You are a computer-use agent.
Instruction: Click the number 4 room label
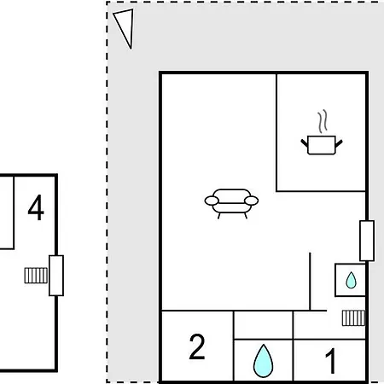pyautogui.click(x=36, y=207)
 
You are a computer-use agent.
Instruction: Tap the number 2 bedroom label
pyautogui.click(x=197, y=346)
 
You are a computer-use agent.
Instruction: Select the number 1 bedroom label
pyautogui.click(x=331, y=361)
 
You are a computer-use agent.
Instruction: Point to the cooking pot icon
pyautogui.click(x=322, y=145)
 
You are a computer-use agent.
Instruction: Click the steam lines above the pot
pyautogui.click(x=323, y=121)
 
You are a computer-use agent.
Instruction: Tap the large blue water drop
pyautogui.click(x=263, y=361)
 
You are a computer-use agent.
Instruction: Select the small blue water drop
pyautogui.click(x=351, y=280)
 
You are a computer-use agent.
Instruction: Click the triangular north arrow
pyautogui.click(x=125, y=27)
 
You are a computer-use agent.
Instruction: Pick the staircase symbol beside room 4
pyautogui.click(x=36, y=276)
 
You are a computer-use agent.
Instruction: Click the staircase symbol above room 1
pyautogui.click(x=353, y=318)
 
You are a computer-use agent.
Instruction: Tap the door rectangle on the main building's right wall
pyautogui.click(x=367, y=241)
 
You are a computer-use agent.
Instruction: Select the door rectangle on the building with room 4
pyautogui.click(x=56, y=276)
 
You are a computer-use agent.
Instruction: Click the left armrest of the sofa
pyautogui.click(x=212, y=201)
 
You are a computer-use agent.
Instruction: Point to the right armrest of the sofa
pyautogui.click(x=251, y=201)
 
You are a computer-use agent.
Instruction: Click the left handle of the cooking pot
pyautogui.click(x=305, y=143)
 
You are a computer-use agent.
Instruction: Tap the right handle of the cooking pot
pyautogui.click(x=339, y=143)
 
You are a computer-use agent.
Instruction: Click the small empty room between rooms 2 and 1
pyautogui.click(x=263, y=325)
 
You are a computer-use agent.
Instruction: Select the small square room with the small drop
pyautogui.click(x=351, y=280)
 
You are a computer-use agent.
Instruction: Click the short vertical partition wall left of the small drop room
pyautogui.click(x=310, y=282)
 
